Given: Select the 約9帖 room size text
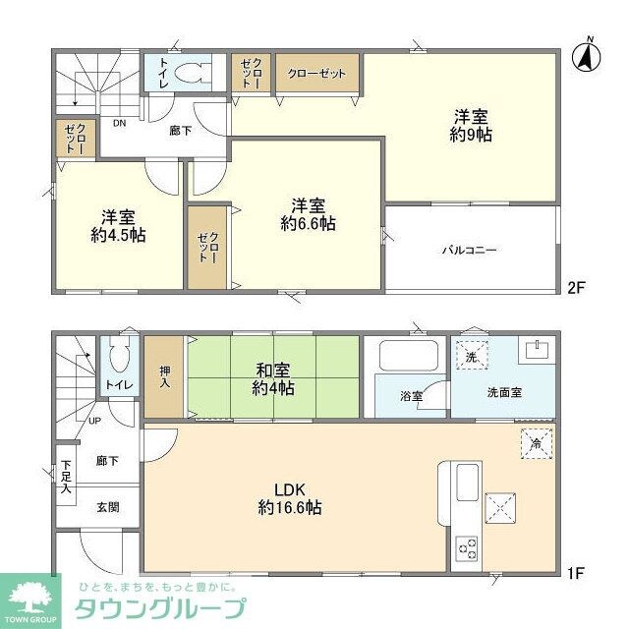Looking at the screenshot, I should pos(471,135).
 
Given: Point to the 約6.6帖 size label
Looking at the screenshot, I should pos(308,224).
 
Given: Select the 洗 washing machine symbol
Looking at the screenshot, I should pos(472,357).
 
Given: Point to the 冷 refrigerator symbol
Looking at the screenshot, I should pos(536,442).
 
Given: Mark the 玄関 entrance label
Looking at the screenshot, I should pos(108,507).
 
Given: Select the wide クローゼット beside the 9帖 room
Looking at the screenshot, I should pos(317,74).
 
